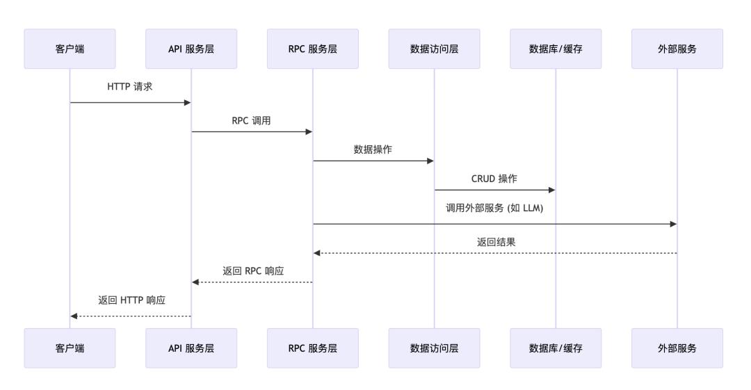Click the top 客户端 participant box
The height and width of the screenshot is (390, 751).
coord(70,49)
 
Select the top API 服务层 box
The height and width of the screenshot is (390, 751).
coord(191,49)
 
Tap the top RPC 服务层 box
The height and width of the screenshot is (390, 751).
coord(313,49)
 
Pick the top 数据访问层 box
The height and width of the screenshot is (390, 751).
coord(435,49)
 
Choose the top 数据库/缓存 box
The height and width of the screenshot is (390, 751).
coord(556,49)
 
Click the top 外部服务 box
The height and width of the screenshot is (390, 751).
coord(677,49)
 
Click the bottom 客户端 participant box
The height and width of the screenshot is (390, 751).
coord(70,348)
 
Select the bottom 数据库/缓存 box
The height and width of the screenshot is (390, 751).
coord(556,348)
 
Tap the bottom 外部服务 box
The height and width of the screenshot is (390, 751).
coord(677,348)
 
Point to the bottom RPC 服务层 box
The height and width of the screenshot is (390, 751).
coord(313,348)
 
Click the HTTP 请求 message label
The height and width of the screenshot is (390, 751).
coord(130,88)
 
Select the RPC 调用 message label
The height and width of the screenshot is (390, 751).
coord(252,120)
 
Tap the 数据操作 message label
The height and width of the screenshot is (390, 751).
coord(373,149)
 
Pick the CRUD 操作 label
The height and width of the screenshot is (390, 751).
coord(494,179)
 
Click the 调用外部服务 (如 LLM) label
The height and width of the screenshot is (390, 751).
coord(494,208)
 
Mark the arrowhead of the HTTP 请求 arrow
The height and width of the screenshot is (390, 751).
coord(187,103)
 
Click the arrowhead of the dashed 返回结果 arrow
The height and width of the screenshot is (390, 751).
coord(317,253)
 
